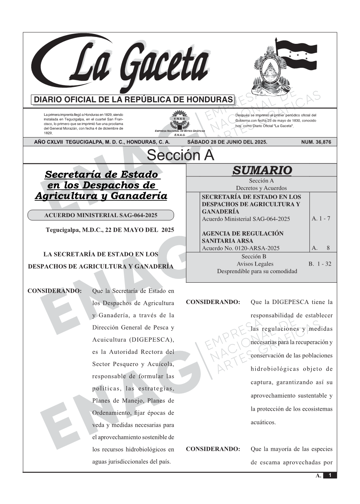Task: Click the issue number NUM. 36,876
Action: click(x=316, y=142)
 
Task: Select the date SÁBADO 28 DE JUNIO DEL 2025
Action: click(x=227, y=142)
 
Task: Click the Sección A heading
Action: click(x=180, y=155)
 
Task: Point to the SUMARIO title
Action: click(x=262, y=170)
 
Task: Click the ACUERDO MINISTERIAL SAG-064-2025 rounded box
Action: click(x=101, y=215)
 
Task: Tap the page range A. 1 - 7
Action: click(x=321, y=219)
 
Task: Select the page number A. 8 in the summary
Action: click(x=321, y=248)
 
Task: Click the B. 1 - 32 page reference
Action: click(x=320, y=264)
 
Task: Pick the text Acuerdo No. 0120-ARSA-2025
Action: click(x=240, y=248)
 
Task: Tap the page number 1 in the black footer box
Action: click(x=330, y=475)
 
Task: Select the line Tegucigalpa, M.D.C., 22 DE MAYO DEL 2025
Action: click(x=110, y=230)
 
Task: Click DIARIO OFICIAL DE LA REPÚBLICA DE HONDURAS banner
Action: click(x=133, y=100)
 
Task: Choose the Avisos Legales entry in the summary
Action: click(x=255, y=264)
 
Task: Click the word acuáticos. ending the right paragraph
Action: click(x=263, y=422)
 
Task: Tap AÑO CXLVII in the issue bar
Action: click(x=49, y=142)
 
